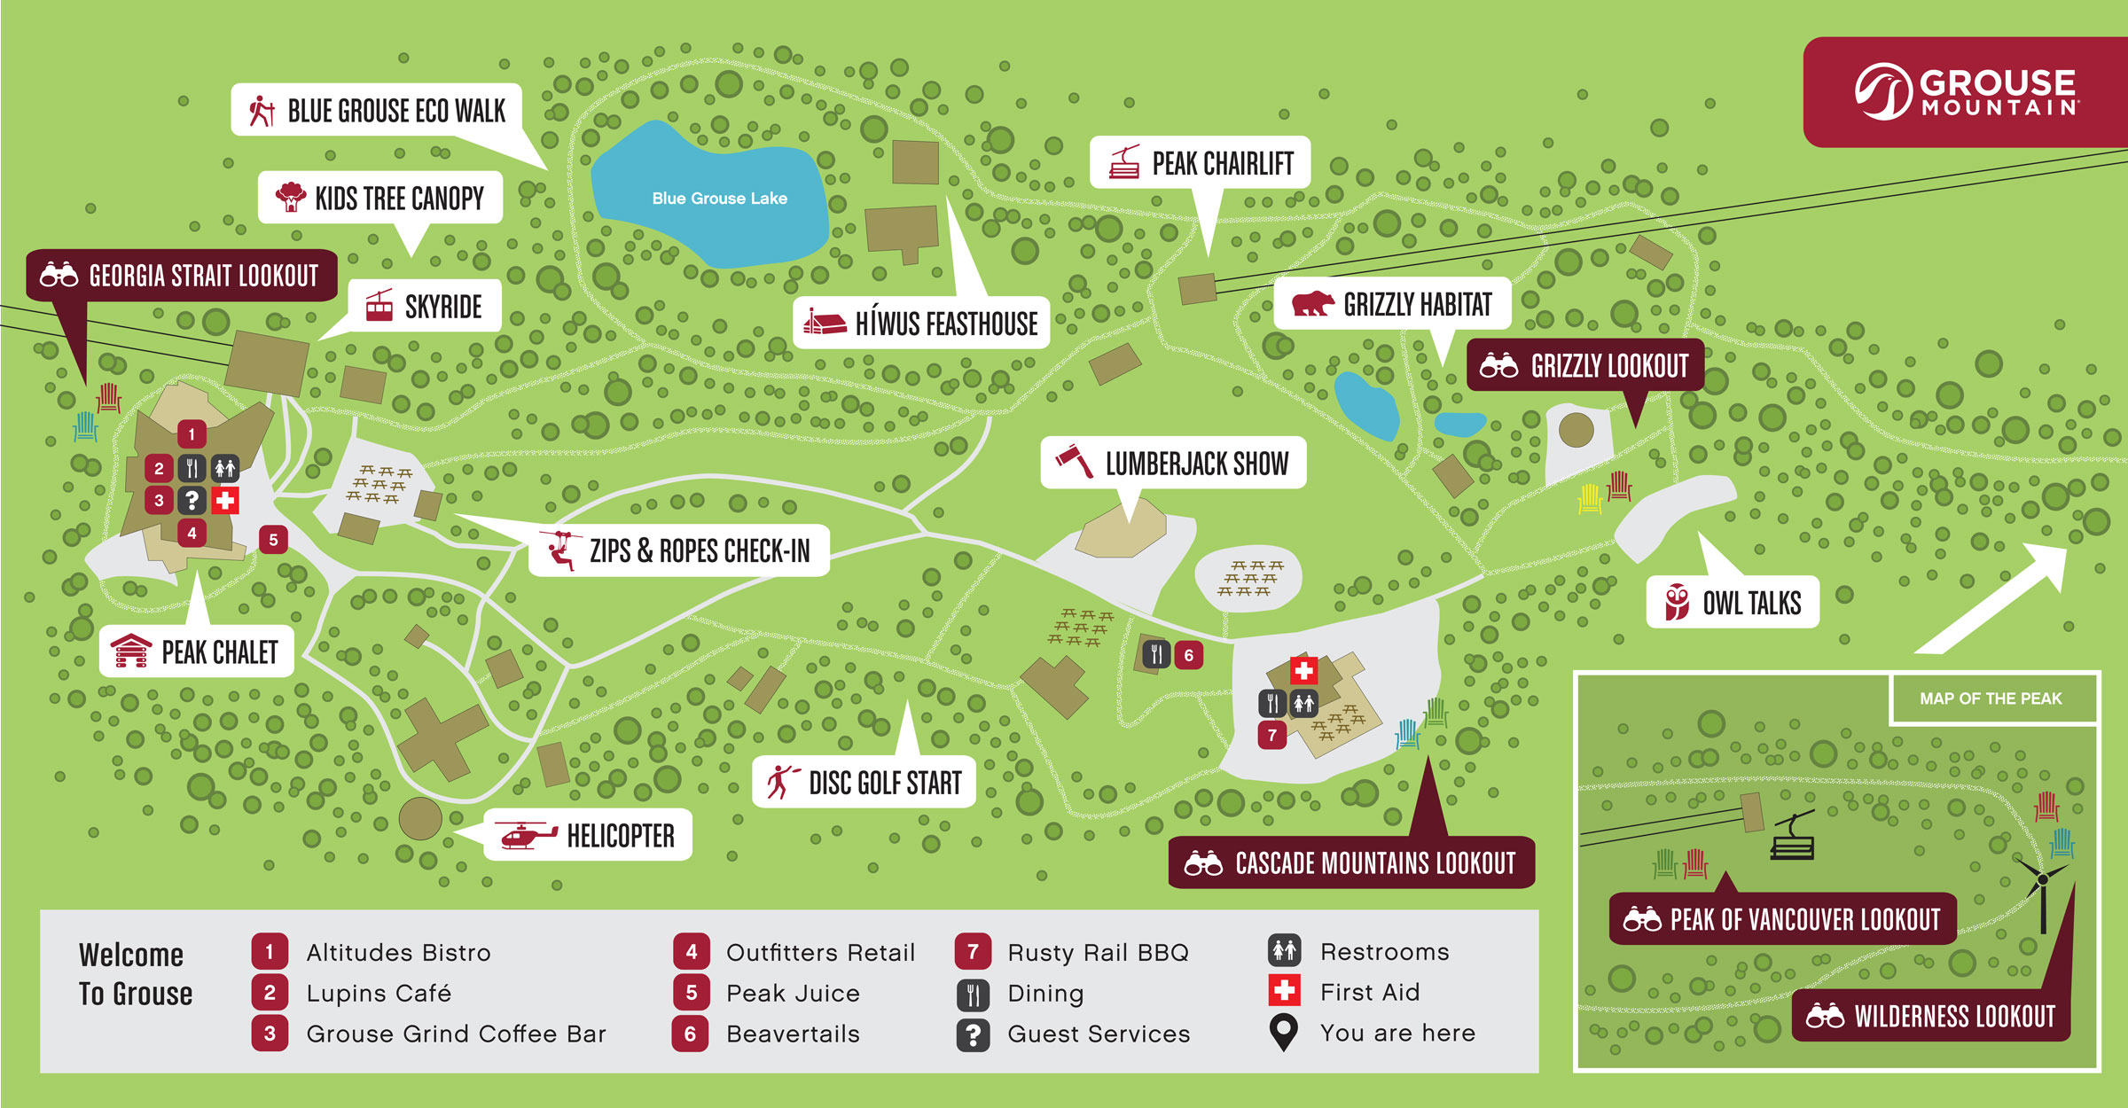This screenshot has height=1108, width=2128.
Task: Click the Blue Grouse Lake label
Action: (x=719, y=199)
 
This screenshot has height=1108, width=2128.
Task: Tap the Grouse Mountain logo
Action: (x=1967, y=92)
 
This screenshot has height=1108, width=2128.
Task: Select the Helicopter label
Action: (x=620, y=836)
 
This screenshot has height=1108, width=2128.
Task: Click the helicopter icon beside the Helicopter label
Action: (x=526, y=836)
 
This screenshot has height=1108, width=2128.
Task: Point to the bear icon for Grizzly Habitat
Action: (x=1312, y=304)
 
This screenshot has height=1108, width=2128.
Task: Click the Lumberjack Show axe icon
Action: (x=1075, y=461)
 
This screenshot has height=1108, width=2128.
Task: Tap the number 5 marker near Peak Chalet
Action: (x=273, y=539)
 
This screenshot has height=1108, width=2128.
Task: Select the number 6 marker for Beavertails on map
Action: (x=1188, y=655)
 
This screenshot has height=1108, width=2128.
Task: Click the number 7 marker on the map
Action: (x=1271, y=735)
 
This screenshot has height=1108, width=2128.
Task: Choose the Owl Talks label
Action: (x=1750, y=604)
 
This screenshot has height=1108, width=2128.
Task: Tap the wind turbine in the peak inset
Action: (x=2042, y=886)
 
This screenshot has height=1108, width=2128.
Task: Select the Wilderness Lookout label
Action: (x=1953, y=1016)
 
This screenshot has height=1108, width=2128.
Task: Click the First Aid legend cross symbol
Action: (x=1284, y=990)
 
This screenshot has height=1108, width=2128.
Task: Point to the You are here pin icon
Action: (x=1283, y=1032)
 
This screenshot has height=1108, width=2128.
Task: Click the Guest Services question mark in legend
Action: (x=973, y=1034)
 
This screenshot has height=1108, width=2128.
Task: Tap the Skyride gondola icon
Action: (x=379, y=307)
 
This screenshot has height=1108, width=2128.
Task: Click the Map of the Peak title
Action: (x=1991, y=698)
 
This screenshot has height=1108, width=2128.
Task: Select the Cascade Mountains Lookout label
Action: (x=1374, y=863)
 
